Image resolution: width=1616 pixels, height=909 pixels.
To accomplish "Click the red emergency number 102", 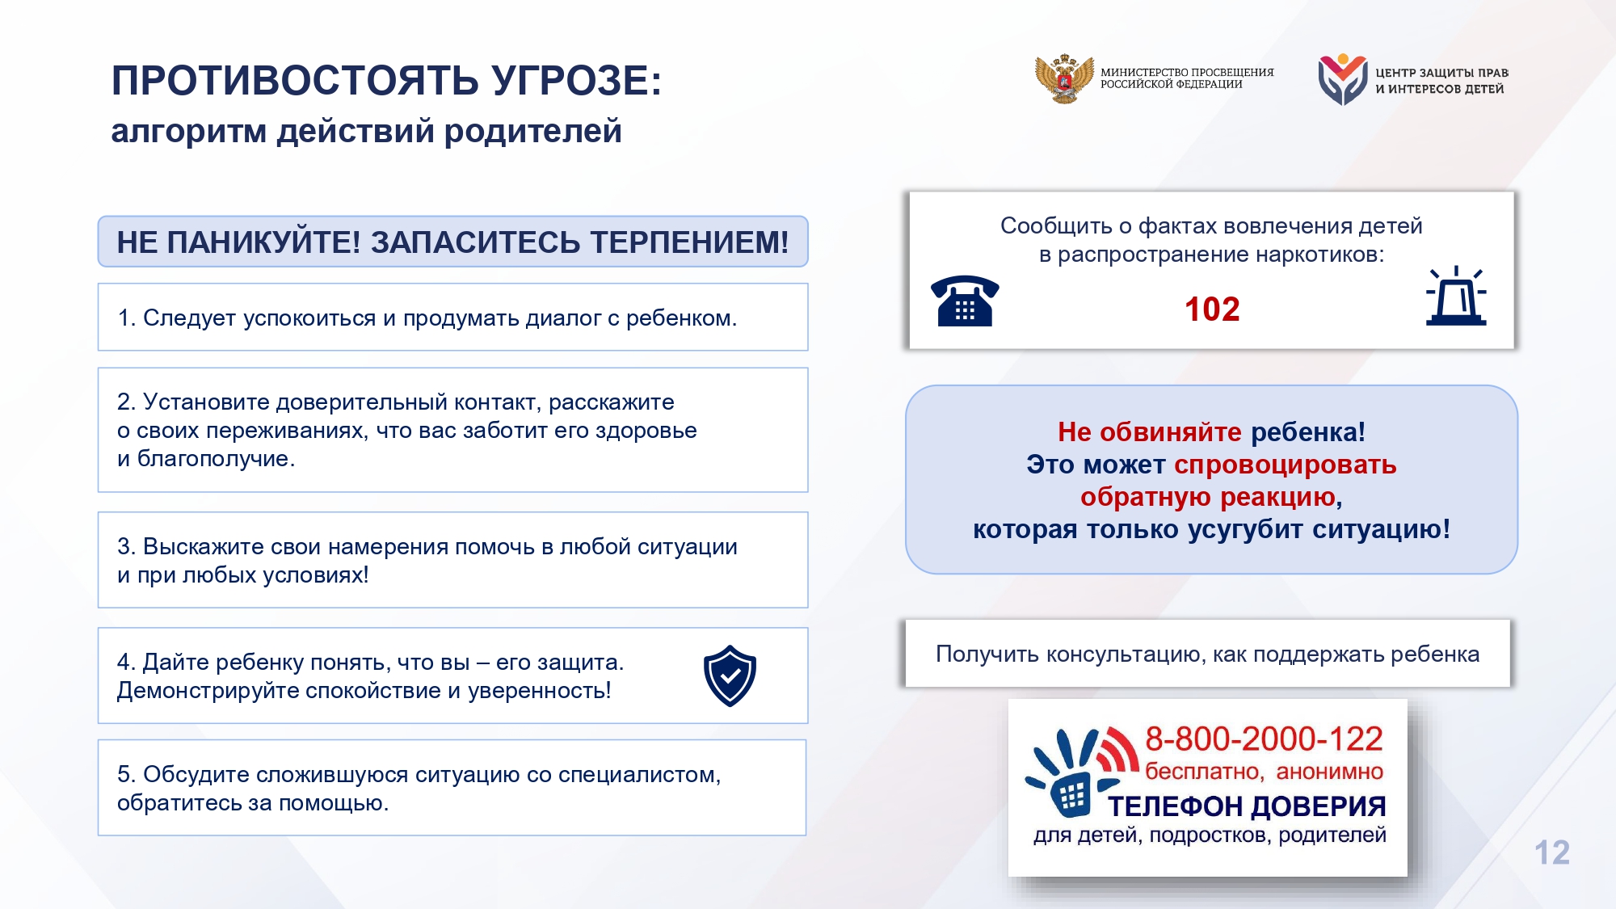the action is point(1212,309).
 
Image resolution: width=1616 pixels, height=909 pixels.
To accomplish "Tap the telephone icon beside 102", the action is point(965,301).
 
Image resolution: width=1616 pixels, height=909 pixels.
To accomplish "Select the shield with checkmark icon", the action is point(730,675).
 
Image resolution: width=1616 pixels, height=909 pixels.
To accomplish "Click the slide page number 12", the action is point(1551,852).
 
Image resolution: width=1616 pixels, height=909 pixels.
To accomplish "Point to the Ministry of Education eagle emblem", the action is point(1064,78).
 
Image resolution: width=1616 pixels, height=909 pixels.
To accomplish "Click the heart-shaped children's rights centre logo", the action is point(1342,79).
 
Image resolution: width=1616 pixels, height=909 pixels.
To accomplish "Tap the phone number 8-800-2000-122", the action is point(1264,739).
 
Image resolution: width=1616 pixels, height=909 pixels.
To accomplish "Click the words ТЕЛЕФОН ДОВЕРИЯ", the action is point(1247,806).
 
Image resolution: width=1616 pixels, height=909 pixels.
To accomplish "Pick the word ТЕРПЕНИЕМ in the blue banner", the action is point(689,242).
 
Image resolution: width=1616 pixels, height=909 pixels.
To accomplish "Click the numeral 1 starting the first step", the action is point(124,318).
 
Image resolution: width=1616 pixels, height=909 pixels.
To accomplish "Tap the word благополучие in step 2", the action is point(216,459).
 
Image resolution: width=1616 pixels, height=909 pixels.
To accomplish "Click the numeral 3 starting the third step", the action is point(124,547).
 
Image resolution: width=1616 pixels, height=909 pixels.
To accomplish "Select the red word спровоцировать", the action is point(1286,465).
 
